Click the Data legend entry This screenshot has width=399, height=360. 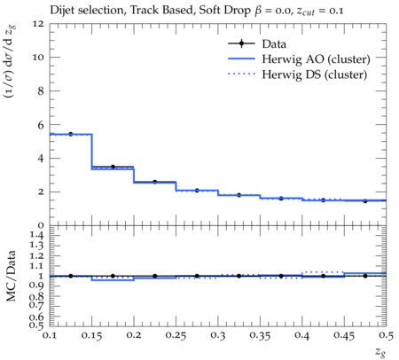[x=274, y=44]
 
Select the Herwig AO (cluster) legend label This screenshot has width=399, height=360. [x=316, y=59]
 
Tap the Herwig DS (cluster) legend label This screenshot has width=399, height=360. [x=315, y=74]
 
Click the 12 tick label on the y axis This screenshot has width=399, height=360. [x=38, y=23]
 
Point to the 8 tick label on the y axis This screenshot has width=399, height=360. [x=41, y=90]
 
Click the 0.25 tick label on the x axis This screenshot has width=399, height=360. [x=176, y=335]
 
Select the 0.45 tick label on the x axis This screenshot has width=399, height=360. [x=344, y=335]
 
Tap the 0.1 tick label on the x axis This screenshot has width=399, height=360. [x=50, y=335]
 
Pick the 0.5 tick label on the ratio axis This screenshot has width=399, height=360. [x=37, y=325]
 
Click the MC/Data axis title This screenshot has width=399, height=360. [x=11, y=276]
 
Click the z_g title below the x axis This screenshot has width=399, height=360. [x=380, y=352]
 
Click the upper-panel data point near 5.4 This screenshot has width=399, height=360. [x=71, y=134]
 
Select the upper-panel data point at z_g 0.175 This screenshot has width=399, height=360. [x=113, y=167]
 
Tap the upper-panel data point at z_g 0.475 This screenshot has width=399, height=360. [x=365, y=201]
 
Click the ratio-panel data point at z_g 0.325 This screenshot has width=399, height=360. [x=239, y=276]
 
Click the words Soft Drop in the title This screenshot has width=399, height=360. [x=224, y=11]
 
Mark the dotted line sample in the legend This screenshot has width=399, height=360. [x=241, y=74]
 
